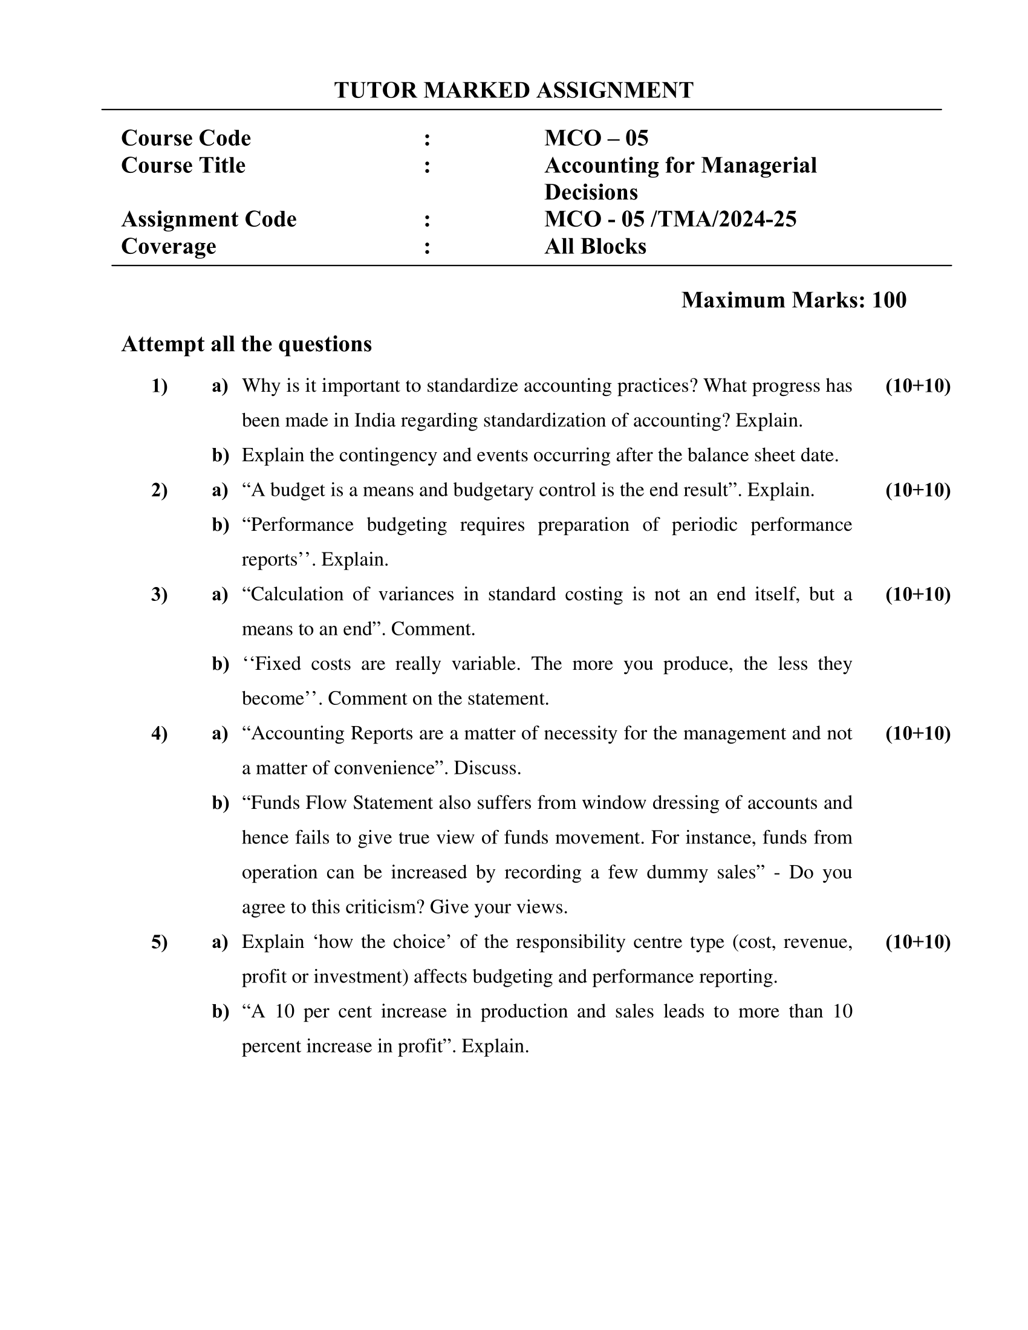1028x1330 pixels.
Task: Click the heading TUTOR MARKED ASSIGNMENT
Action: tap(513, 90)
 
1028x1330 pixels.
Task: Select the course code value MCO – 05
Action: tap(596, 138)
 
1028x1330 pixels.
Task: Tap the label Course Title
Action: tap(183, 165)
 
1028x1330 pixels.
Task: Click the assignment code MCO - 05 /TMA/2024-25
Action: tap(670, 219)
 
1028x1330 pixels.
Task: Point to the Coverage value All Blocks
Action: tap(595, 246)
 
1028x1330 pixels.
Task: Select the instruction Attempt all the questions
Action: tap(246, 344)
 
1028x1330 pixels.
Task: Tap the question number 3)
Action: tap(159, 594)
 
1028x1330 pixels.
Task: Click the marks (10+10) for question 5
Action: tap(918, 942)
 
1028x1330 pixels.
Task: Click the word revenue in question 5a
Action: tap(818, 942)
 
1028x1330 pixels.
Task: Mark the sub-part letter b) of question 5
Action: tap(220, 1011)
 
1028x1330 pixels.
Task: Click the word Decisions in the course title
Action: tap(591, 192)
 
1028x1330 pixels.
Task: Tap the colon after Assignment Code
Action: tap(427, 219)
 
